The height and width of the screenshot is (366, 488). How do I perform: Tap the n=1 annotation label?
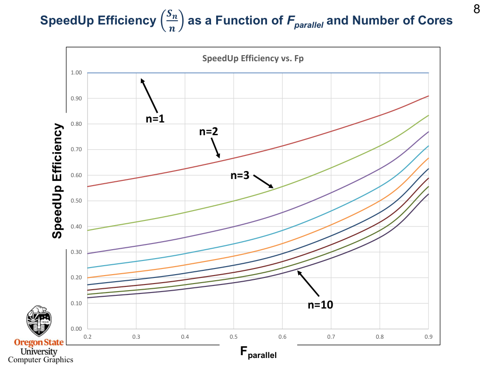(155, 119)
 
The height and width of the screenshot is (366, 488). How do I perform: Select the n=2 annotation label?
(209, 132)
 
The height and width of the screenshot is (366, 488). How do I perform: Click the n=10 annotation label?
(320, 305)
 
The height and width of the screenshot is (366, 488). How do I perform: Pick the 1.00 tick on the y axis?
(76, 73)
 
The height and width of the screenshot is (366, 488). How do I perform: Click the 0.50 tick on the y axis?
(76, 201)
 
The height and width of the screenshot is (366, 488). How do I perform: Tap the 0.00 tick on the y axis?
(76, 329)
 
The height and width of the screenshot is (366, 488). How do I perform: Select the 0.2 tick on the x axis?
(87, 337)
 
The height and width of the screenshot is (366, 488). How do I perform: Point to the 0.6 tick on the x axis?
(282, 337)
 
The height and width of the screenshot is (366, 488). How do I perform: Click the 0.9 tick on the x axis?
(428, 337)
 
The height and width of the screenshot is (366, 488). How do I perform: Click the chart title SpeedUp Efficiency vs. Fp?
(253, 59)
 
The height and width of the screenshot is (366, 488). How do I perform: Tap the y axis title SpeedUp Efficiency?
(57, 181)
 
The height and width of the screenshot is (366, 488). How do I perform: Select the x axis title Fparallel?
(259, 352)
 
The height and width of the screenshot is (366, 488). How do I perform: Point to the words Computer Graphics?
(41, 360)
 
